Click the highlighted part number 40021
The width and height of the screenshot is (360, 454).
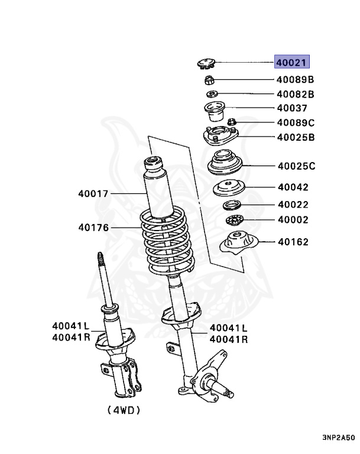coord(291,63)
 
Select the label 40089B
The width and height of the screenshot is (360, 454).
coord(295,79)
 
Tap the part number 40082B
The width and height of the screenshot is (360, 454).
coord(295,94)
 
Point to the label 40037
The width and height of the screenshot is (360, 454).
coord(292,108)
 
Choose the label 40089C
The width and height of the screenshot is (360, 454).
coord(296,123)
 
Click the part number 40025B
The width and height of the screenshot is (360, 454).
coord(296,138)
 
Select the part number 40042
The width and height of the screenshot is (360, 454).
coord(293,187)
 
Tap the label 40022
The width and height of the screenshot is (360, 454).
coord(293,205)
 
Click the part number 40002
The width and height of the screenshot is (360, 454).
coord(293,219)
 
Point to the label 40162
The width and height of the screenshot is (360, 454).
coord(293,242)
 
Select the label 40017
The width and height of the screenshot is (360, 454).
coord(93,193)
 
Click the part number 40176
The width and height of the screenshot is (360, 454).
coord(93,226)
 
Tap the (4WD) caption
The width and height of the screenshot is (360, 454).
coord(125,409)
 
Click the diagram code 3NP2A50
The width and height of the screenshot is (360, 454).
coord(338,438)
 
